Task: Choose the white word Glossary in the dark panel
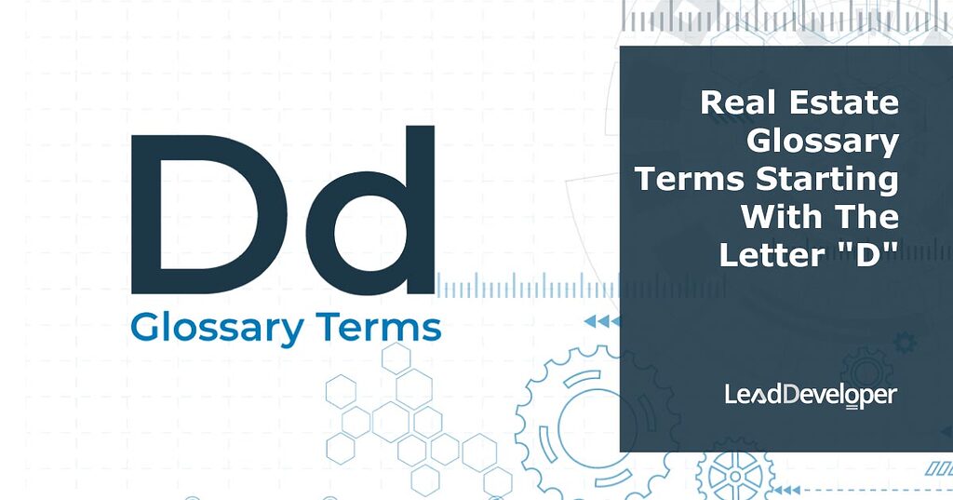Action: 823,142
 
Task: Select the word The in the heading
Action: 866,216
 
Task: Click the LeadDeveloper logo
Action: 811,396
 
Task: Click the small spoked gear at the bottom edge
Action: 735,474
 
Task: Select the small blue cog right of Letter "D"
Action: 904,343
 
